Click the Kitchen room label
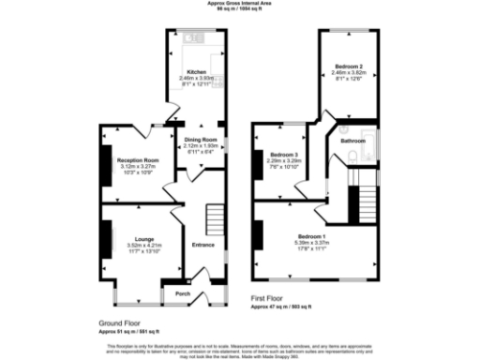(x=197, y=71)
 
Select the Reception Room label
(x=138, y=160)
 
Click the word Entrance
(x=203, y=245)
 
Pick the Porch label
(x=182, y=292)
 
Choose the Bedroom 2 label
(x=349, y=67)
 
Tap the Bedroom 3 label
(x=283, y=154)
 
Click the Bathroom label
(x=352, y=141)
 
